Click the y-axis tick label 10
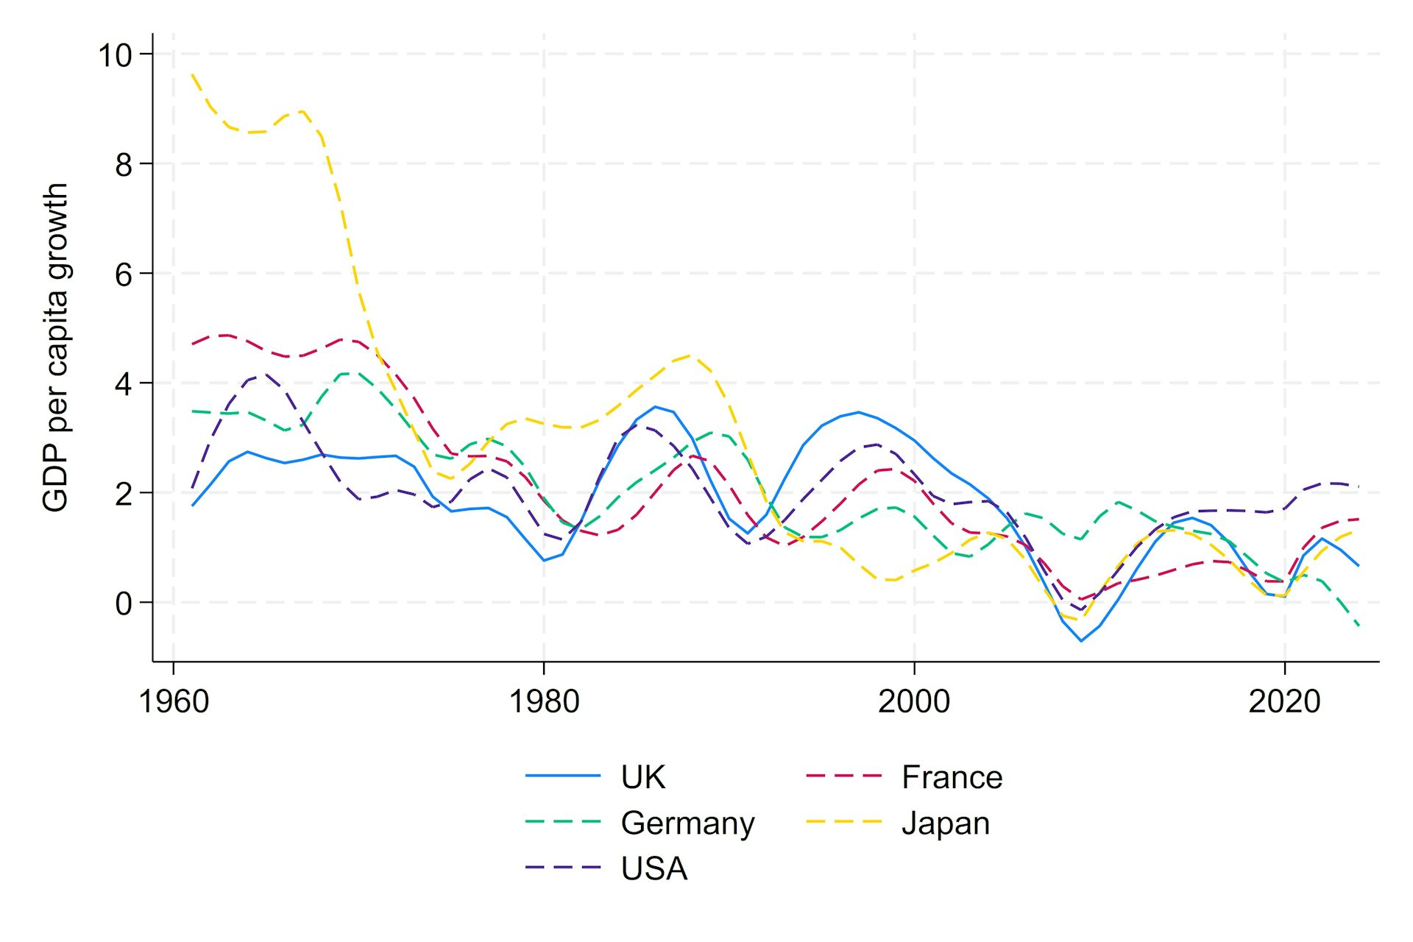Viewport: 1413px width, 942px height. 115,55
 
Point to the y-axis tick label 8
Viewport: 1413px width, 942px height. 124,165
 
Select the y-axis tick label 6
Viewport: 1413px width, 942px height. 124,275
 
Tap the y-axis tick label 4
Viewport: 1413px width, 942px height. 124,384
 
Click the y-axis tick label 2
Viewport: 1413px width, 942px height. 124,494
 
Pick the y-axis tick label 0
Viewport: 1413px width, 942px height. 124,603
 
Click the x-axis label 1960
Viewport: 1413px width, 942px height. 174,701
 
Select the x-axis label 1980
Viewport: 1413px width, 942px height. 544,701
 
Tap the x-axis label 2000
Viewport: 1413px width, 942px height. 914,701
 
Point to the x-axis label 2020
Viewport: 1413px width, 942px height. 1284,701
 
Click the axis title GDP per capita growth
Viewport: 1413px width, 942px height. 56,347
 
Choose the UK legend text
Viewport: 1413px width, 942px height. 642,777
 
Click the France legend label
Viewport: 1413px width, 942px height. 952,777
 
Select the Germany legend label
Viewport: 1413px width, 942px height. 687,823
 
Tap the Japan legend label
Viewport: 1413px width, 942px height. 945,823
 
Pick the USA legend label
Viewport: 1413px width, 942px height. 654,868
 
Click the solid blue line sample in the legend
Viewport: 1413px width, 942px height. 563,776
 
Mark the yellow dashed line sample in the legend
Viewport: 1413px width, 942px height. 843,821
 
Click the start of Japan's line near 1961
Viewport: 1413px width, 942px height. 193,74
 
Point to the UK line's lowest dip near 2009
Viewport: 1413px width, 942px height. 1081,640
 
